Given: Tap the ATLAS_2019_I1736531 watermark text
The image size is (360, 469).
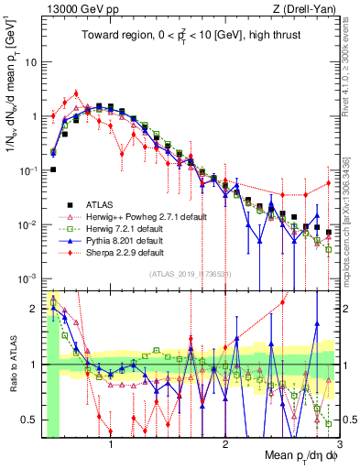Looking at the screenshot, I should tap(190, 274).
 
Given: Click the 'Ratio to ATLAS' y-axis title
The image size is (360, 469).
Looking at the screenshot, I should tap(11, 364).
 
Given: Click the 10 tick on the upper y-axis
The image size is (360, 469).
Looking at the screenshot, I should tap(32, 63).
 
